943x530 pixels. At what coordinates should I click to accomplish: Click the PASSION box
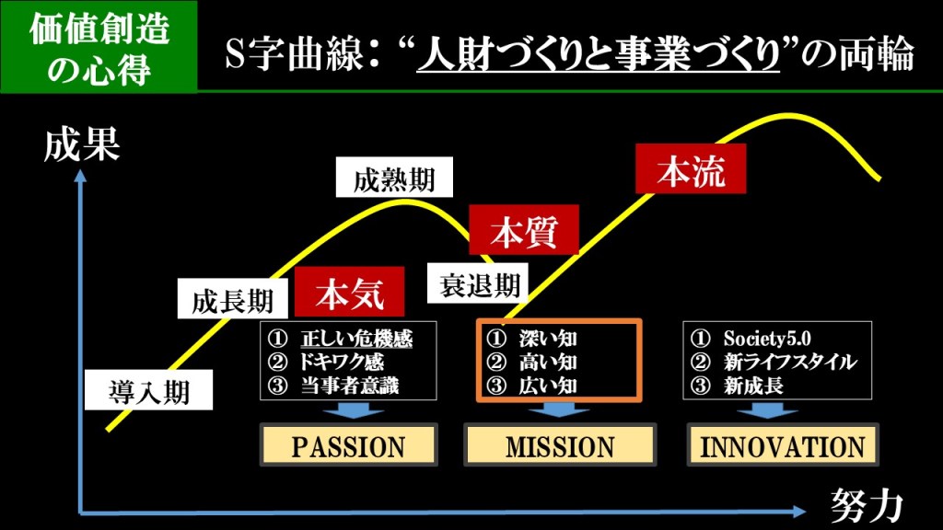click(x=348, y=446)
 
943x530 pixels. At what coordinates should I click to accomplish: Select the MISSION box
click(x=560, y=446)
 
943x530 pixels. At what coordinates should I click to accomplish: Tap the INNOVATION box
click(x=783, y=446)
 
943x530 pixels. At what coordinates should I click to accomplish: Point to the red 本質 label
click(x=524, y=229)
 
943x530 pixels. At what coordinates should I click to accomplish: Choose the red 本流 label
click(x=691, y=172)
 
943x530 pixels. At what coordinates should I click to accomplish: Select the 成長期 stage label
click(x=233, y=301)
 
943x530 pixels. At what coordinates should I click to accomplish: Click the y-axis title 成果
click(x=82, y=145)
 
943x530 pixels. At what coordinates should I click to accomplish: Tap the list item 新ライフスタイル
click(x=789, y=362)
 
